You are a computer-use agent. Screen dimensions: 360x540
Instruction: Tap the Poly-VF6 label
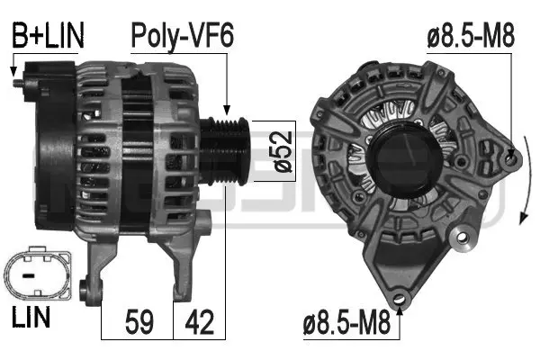183,36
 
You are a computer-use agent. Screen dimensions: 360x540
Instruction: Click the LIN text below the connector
31,317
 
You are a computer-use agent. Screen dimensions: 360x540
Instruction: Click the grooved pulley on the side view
222,149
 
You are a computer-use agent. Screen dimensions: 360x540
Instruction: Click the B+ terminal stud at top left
20,84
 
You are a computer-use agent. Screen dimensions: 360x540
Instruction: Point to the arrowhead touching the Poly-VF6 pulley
228,111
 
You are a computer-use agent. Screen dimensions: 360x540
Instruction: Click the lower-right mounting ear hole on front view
464,239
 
